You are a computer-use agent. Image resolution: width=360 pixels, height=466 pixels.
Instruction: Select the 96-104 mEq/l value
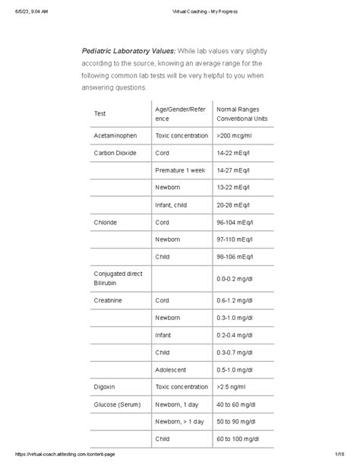click(x=239, y=222)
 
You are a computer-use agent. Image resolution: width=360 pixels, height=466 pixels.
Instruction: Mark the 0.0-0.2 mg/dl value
click(x=237, y=279)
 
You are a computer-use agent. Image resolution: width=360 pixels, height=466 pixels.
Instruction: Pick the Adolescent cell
click(x=172, y=369)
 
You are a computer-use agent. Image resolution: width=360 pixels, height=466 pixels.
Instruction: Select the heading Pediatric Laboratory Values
click(x=128, y=51)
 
